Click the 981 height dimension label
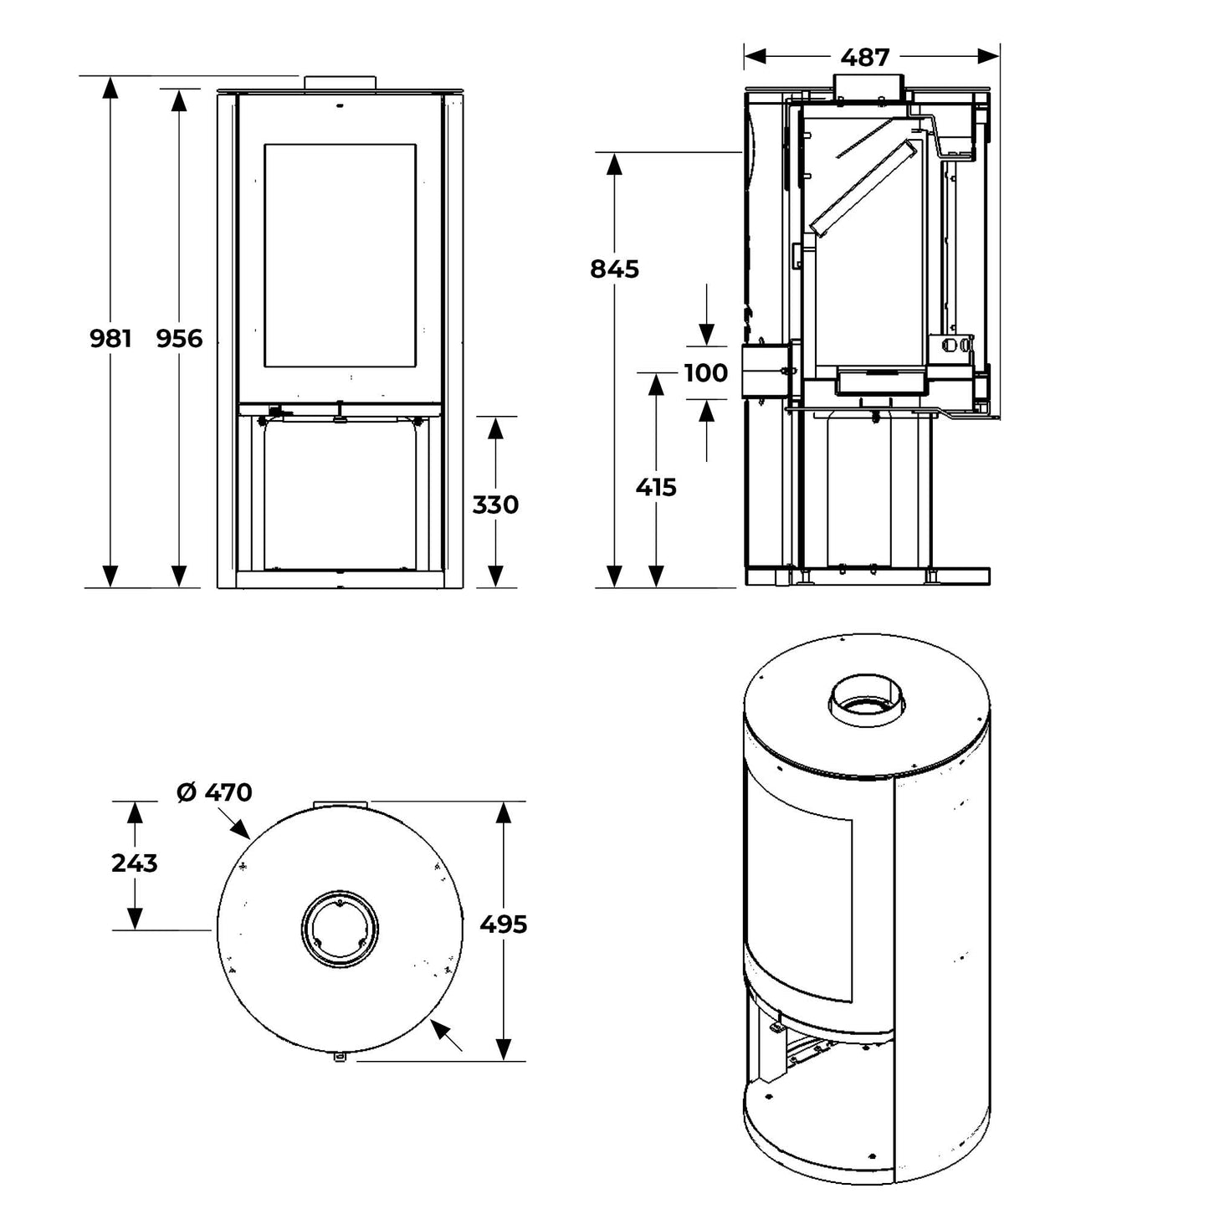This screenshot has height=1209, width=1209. (110, 338)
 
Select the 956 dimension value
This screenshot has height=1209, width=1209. (180, 338)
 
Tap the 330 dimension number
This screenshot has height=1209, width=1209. (495, 505)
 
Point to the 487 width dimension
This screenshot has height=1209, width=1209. (865, 57)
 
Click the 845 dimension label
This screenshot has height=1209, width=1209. (614, 269)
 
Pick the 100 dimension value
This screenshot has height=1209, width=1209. (706, 372)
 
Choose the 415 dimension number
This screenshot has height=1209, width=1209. (656, 487)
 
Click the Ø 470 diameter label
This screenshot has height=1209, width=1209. (215, 791)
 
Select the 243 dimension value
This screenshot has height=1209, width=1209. (134, 863)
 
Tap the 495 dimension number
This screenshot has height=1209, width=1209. (504, 925)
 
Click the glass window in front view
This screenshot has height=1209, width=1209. (340, 256)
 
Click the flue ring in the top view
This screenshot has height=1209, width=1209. (339, 930)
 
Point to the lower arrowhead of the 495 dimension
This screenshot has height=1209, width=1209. (504, 1049)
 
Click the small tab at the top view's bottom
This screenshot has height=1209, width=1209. (340, 1058)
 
